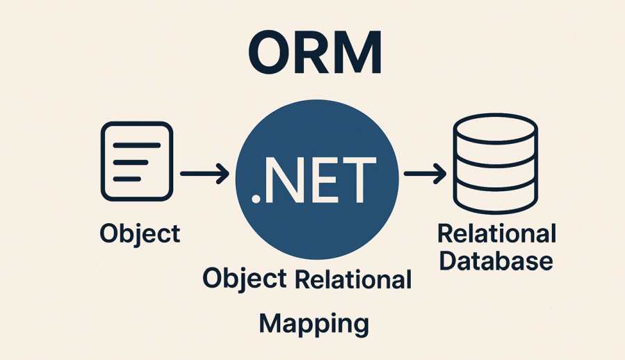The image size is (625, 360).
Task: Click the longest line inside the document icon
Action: coord(136,145)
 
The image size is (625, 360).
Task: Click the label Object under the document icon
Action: coord(140,234)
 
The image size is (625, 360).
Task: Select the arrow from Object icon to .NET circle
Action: coord(204,174)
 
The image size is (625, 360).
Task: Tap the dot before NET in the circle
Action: coord(257,199)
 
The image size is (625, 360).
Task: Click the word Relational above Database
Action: coord(496,234)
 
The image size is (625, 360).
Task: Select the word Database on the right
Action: coord(496,261)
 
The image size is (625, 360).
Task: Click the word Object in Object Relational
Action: coord(244,280)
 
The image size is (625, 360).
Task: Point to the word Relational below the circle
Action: coord(354,279)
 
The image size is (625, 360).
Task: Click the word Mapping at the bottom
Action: coord(314,323)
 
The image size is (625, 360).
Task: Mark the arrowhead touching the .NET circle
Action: coord(223,174)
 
